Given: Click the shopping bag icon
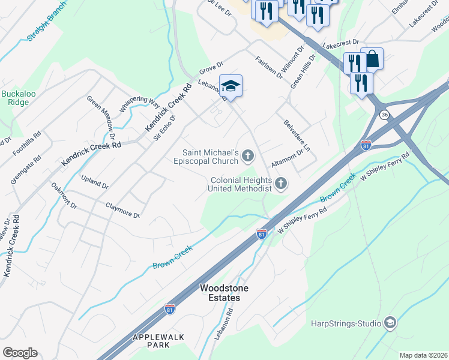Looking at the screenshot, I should click(372, 59).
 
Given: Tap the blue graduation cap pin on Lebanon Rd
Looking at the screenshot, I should click(231, 86).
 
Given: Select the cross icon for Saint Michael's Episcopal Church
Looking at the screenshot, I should click(248, 157).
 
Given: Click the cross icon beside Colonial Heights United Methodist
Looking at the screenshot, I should click(280, 184).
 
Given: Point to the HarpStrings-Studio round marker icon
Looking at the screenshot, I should click(390, 324).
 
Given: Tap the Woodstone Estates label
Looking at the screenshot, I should click(220, 293).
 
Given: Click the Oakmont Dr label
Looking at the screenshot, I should click(64, 196).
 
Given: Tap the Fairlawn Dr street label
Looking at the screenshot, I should click(268, 68).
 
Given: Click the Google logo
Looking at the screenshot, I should click(20, 353).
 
